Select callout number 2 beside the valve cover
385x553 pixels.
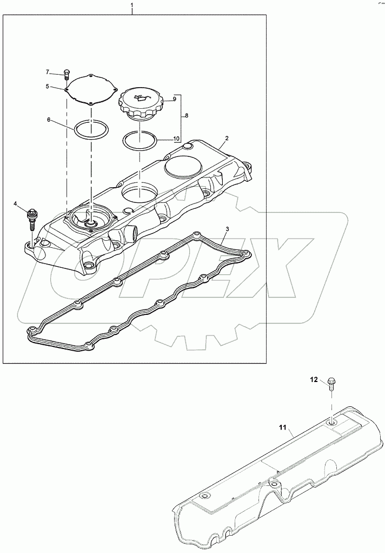[227, 139]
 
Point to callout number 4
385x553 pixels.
[16, 203]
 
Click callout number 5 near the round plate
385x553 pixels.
[48, 86]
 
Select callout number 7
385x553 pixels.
[47, 72]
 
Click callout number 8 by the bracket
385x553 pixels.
[187, 116]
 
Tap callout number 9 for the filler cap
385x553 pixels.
[175, 99]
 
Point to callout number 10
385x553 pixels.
[176, 139]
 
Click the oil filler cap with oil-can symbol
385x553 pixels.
[140, 103]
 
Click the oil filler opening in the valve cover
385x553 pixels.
[140, 190]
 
